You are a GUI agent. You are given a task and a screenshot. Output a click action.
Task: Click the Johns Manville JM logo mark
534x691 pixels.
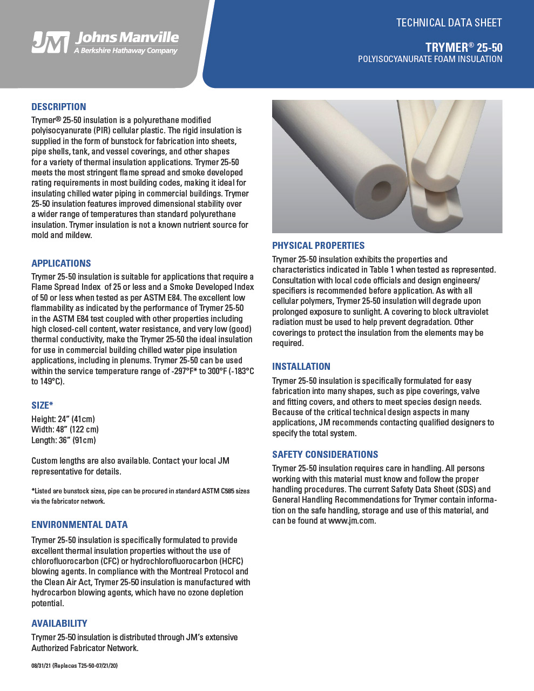coord(50,42)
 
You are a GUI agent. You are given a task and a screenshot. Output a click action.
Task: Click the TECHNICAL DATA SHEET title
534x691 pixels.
coord(449,23)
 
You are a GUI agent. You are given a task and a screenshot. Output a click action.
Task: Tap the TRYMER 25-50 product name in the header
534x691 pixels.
coord(463,47)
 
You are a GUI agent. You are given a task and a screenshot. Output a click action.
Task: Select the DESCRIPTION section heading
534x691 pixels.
coord(59,107)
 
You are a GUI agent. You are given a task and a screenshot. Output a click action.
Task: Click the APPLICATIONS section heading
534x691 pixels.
coord(61,263)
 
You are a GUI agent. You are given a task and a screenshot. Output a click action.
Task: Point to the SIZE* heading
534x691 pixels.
coord(42,405)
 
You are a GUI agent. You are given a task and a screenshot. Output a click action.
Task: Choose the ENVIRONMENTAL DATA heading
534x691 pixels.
coord(79,525)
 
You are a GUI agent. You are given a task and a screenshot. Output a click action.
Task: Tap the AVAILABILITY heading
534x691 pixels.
coord(59,624)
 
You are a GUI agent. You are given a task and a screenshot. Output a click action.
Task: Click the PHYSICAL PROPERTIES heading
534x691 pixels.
coord(318,246)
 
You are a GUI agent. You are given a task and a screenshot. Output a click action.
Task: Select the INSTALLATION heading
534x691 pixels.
coord(301,367)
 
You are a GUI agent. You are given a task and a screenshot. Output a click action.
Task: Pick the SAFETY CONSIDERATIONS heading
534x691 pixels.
coord(325,455)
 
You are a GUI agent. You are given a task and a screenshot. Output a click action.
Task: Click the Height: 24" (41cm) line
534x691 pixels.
coord(63,419)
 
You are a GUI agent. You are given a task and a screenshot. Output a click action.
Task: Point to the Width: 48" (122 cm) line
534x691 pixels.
coord(65,430)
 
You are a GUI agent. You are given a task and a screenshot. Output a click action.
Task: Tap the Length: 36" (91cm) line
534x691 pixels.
coord(64,441)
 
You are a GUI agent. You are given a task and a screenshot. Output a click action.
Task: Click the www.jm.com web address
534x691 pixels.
coord(351,521)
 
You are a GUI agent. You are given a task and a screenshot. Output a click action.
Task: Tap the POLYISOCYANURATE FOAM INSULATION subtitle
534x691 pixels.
coord(430,59)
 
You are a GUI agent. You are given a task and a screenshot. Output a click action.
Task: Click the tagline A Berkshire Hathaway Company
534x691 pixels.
coord(126,51)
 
